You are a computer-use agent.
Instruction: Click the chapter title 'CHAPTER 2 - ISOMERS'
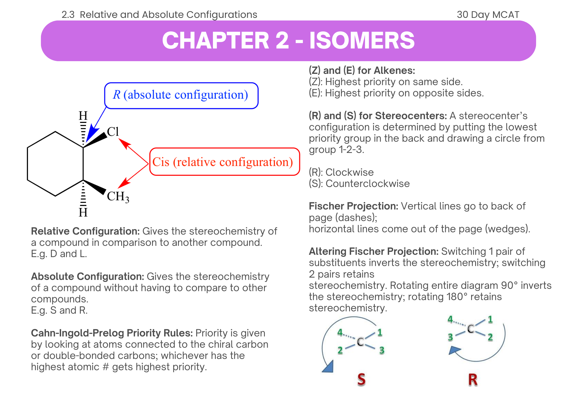point(288,40)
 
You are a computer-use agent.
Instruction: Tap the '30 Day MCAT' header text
point(488,14)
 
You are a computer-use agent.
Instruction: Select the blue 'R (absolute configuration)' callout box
point(181,95)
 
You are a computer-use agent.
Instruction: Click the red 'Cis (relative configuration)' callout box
point(224,162)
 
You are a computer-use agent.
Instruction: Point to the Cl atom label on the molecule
point(113,132)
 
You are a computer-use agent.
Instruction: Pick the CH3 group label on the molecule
point(118,197)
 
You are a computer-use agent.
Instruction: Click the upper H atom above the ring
point(83,116)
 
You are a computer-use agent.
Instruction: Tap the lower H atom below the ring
point(83,213)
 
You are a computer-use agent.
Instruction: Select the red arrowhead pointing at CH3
point(123,184)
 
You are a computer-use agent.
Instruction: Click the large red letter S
point(361,379)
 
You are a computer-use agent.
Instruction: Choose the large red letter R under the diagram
point(473,379)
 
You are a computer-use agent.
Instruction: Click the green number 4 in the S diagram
point(340,332)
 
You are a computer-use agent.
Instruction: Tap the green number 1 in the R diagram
point(490,319)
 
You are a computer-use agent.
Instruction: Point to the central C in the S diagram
point(360,342)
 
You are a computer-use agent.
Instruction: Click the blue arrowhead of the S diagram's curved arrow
point(328,367)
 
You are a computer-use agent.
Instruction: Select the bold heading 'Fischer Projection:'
point(353,206)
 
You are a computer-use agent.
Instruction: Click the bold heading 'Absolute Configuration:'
point(87,276)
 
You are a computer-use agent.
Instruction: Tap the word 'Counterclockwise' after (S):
point(368,184)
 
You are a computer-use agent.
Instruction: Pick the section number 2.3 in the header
point(68,14)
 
